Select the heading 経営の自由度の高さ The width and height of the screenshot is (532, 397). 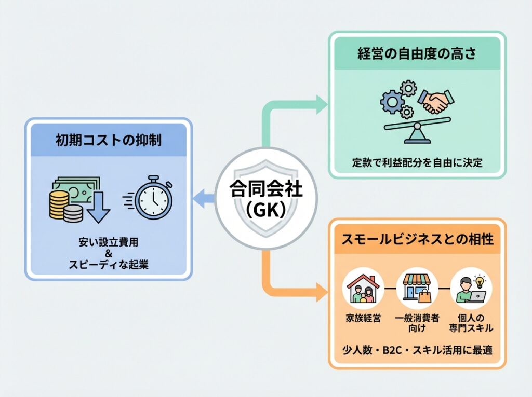(417, 53)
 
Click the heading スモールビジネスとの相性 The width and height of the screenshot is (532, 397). (417, 240)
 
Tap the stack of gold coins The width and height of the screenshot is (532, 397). (58, 203)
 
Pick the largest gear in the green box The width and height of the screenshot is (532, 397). (392, 102)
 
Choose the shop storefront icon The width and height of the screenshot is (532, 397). (417, 288)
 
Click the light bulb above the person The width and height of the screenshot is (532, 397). (478, 279)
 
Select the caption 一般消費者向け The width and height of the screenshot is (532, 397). (417, 323)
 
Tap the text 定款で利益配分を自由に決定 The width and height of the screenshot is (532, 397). (417, 163)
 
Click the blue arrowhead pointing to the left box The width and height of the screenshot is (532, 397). (199, 198)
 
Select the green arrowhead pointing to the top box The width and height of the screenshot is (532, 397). (322, 105)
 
